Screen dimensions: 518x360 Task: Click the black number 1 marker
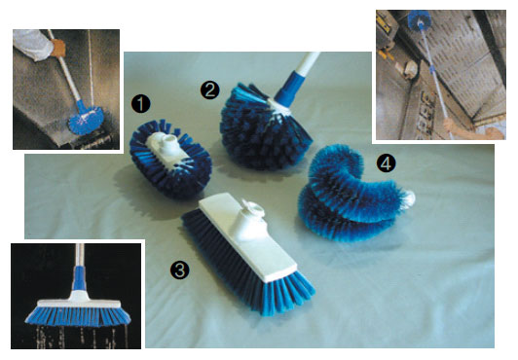(141, 103)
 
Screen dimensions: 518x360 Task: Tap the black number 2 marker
(210, 90)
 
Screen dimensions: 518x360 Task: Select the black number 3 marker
(180, 270)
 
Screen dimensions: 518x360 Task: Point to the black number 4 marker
(387, 164)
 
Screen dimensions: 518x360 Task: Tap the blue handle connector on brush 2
(287, 90)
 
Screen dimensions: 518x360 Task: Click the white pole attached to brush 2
(309, 64)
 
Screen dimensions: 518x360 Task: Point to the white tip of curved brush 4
(410, 198)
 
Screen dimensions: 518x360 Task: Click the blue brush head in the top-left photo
(86, 120)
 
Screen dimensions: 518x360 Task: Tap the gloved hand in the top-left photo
(58, 48)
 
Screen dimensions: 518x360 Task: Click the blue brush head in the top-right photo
(419, 18)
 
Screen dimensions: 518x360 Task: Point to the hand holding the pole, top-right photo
(450, 126)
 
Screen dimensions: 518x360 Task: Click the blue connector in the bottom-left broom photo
(79, 278)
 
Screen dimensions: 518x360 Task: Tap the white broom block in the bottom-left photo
(79, 301)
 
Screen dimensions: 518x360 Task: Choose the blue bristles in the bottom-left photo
(78, 316)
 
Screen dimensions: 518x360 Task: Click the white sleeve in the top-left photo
(32, 44)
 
